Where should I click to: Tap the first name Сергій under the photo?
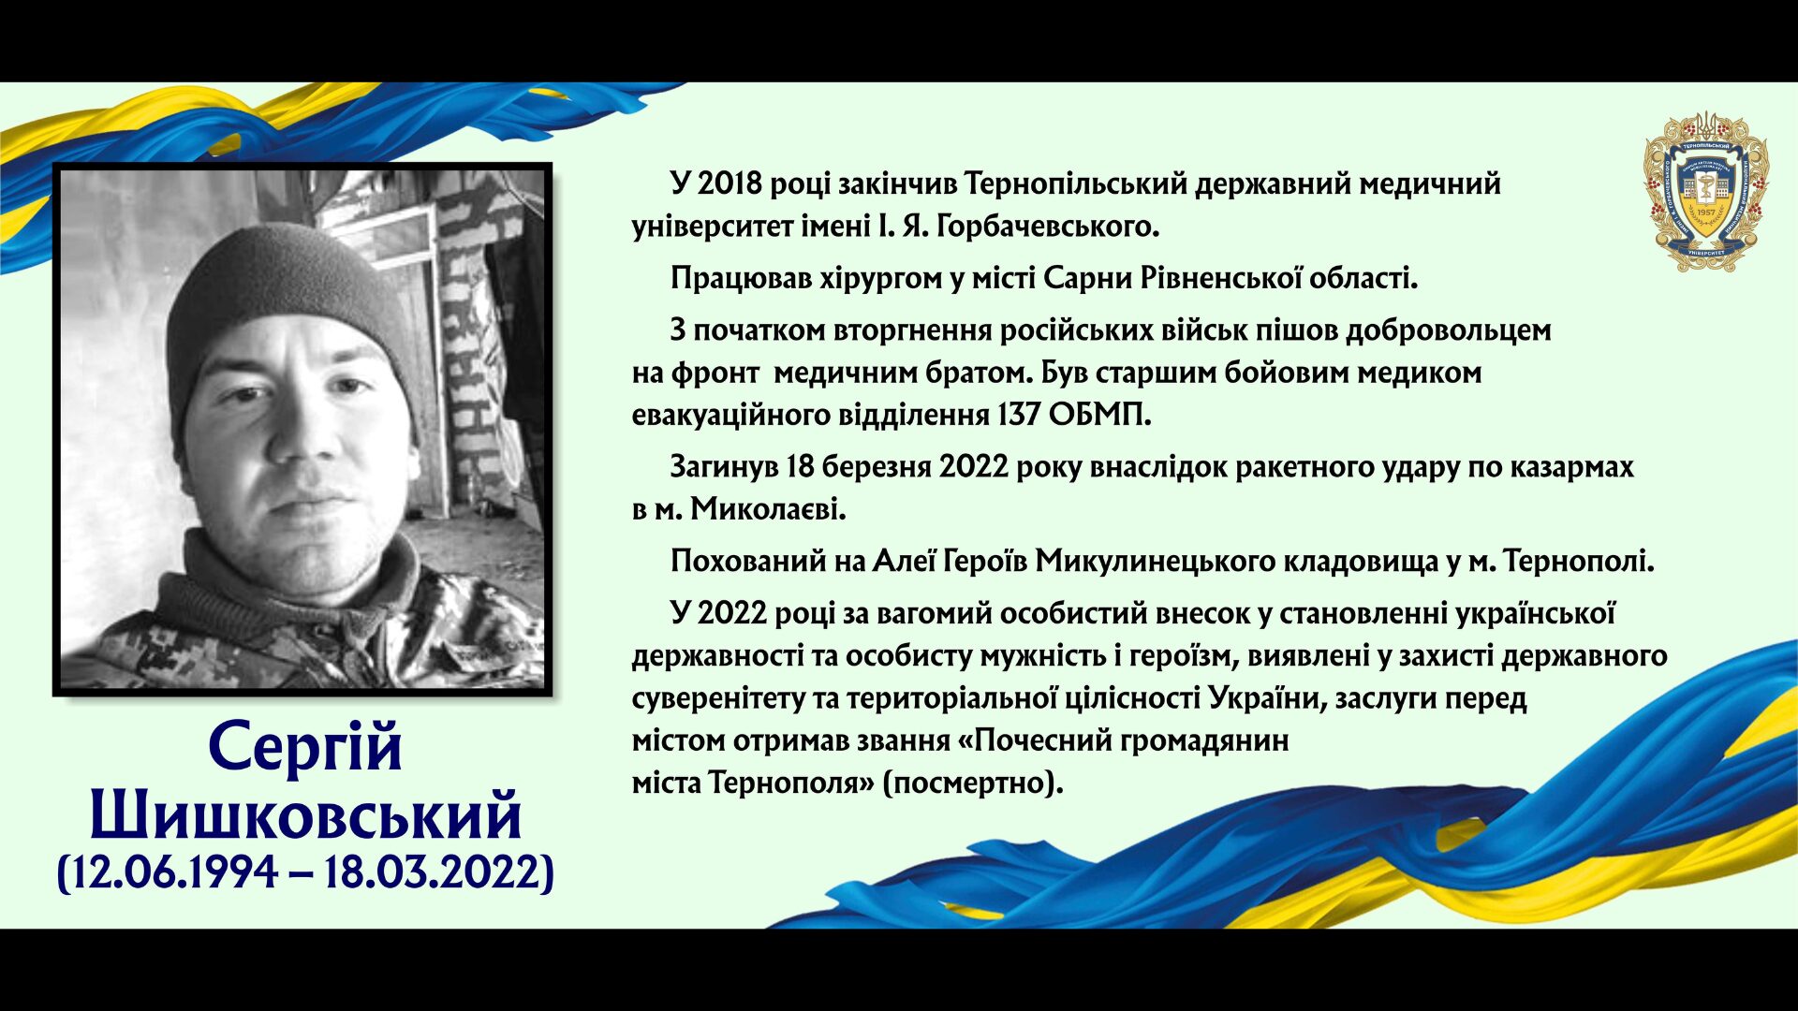[305, 747]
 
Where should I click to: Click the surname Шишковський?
[305, 814]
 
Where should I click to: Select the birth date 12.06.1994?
[173, 872]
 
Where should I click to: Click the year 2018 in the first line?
[730, 183]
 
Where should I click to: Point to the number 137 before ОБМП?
[1018, 414]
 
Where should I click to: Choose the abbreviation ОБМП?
[1099, 414]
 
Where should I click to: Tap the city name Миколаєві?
[768, 509]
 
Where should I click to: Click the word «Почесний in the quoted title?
[1036, 740]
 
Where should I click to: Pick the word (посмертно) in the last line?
[973, 783]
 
